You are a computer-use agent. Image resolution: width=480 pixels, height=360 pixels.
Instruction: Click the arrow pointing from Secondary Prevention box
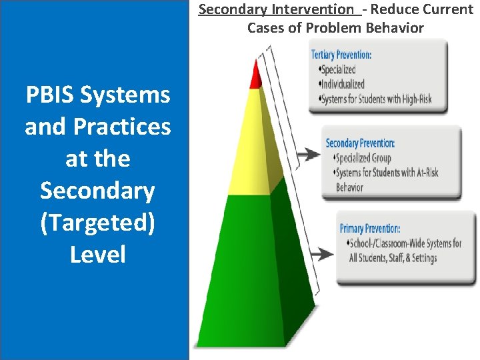click(307, 155)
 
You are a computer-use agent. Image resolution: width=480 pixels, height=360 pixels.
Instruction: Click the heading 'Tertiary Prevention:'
click(341, 55)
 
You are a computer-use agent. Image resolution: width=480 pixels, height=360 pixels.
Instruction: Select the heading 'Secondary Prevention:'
click(360, 143)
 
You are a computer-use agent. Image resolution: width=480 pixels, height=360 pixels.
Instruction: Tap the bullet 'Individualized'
click(343, 84)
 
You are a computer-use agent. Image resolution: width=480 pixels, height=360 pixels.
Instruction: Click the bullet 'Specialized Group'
click(363, 158)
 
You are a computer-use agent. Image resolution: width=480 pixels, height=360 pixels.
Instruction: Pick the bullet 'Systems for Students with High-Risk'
click(376, 99)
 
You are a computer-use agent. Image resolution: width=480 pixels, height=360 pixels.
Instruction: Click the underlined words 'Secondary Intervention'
click(277, 9)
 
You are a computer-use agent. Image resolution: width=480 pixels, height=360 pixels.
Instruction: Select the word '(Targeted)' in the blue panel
click(97, 223)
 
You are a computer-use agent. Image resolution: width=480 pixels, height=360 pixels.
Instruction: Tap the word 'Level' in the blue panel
click(97, 255)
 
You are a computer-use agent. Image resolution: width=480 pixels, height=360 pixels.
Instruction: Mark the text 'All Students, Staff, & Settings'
click(393, 258)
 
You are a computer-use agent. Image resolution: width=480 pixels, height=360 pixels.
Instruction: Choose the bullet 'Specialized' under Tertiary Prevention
click(338, 69)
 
